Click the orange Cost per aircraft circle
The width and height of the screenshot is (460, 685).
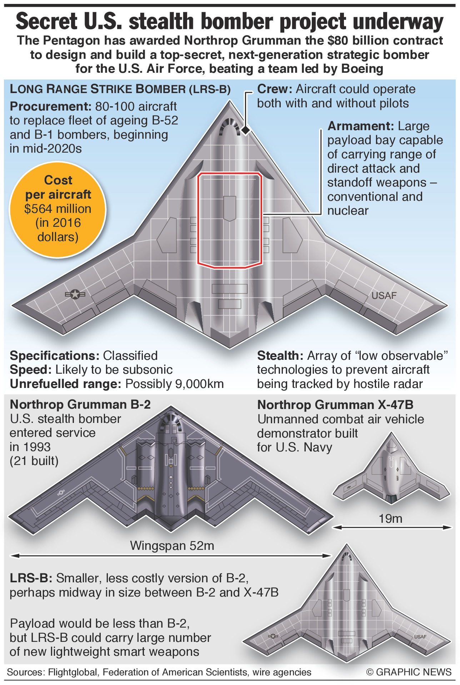[57, 209]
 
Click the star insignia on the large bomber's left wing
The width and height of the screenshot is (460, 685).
[75, 294]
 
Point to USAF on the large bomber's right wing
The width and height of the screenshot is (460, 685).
[384, 296]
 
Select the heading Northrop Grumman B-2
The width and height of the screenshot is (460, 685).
[80, 404]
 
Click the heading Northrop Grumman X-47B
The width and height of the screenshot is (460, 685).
[335, 405]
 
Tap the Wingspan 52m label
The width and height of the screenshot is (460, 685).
[172, 546]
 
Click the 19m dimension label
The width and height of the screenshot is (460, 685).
[390, 519]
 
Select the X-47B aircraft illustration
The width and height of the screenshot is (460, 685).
[391, 471]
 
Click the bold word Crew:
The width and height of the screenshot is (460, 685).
[275, 89]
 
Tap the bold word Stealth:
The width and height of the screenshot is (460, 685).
[280, 356]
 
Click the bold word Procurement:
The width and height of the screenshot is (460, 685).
[51, 106]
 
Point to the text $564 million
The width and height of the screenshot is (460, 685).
[57, 209]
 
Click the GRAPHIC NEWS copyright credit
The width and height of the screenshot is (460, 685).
[409, 672]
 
